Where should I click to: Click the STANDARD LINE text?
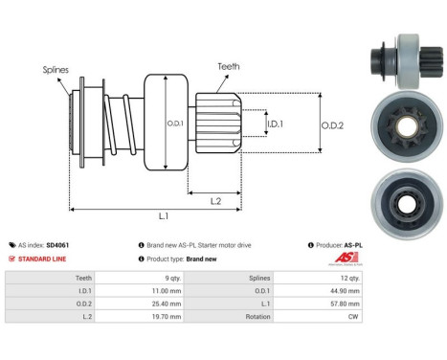pyautogui.click(x=43, y=259)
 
